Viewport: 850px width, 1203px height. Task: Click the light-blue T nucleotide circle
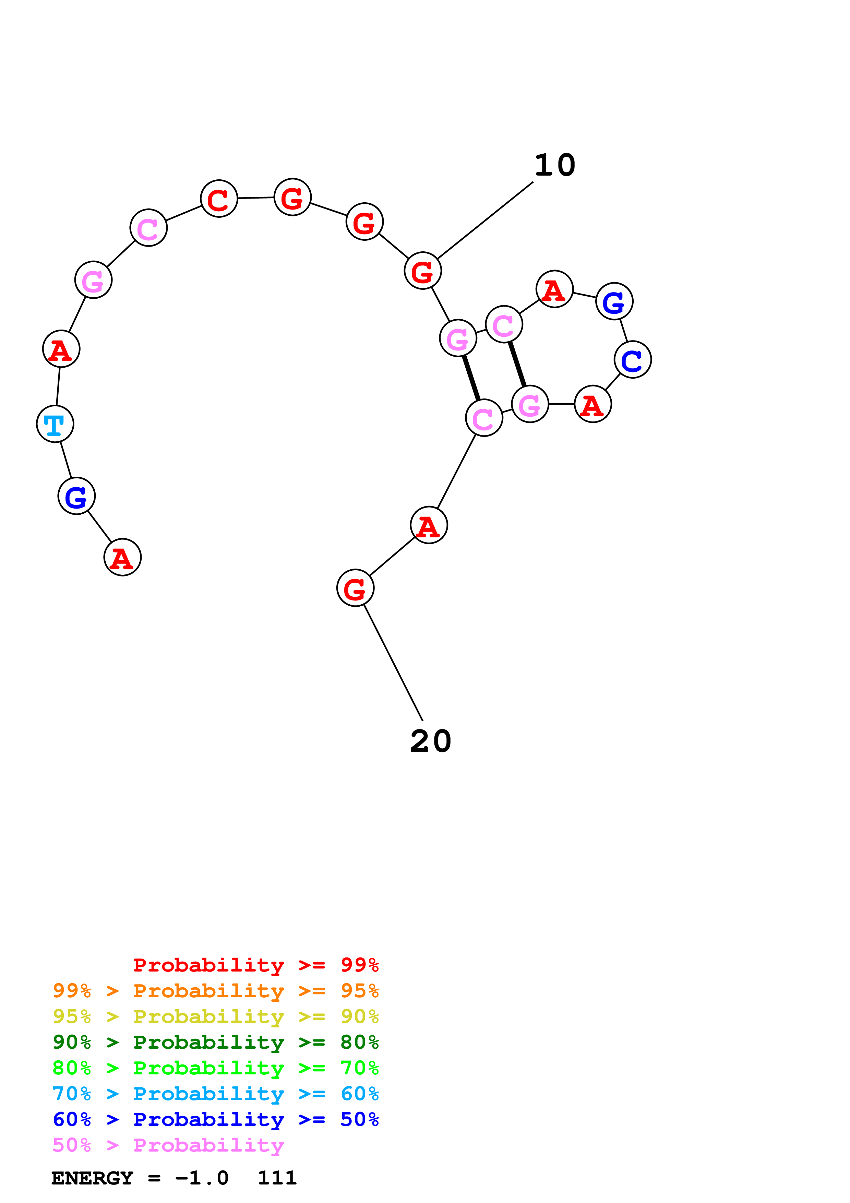(55, 424)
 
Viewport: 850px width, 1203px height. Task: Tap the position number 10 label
(555, 166)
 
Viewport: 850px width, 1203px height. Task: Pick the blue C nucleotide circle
(632, 359)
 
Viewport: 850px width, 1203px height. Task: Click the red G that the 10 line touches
(423, 271)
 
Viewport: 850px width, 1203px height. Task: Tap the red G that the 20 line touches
(355, 588)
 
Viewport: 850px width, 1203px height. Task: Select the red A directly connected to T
(61, 349)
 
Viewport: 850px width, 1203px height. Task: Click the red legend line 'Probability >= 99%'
(255, 965)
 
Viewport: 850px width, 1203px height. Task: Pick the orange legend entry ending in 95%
(215, 991)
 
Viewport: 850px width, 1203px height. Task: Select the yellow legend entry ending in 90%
(215, 1016)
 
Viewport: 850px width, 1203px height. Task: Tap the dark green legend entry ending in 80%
(215, 1042)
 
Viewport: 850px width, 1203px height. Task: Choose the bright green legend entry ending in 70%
(215, 1068)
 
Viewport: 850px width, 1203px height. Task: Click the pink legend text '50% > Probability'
(168, 1145)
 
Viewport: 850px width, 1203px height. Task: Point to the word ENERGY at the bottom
(92, 1178)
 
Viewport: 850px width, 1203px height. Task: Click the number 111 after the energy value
(277, 1178)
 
